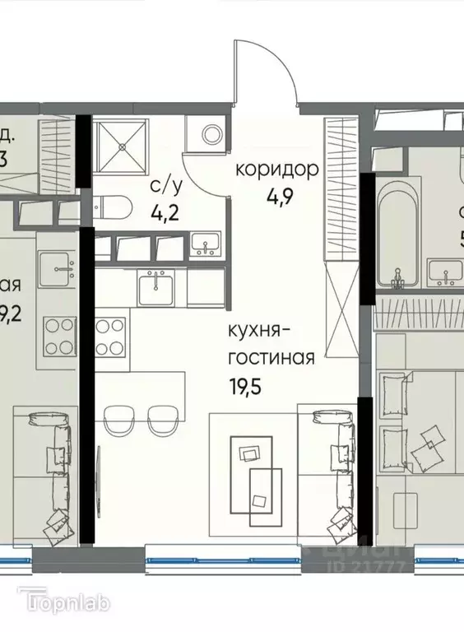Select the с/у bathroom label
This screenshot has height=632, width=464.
[160, 187]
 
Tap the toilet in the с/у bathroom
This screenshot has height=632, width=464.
[110, 208]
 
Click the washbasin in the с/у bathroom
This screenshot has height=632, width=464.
[206, 244]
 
